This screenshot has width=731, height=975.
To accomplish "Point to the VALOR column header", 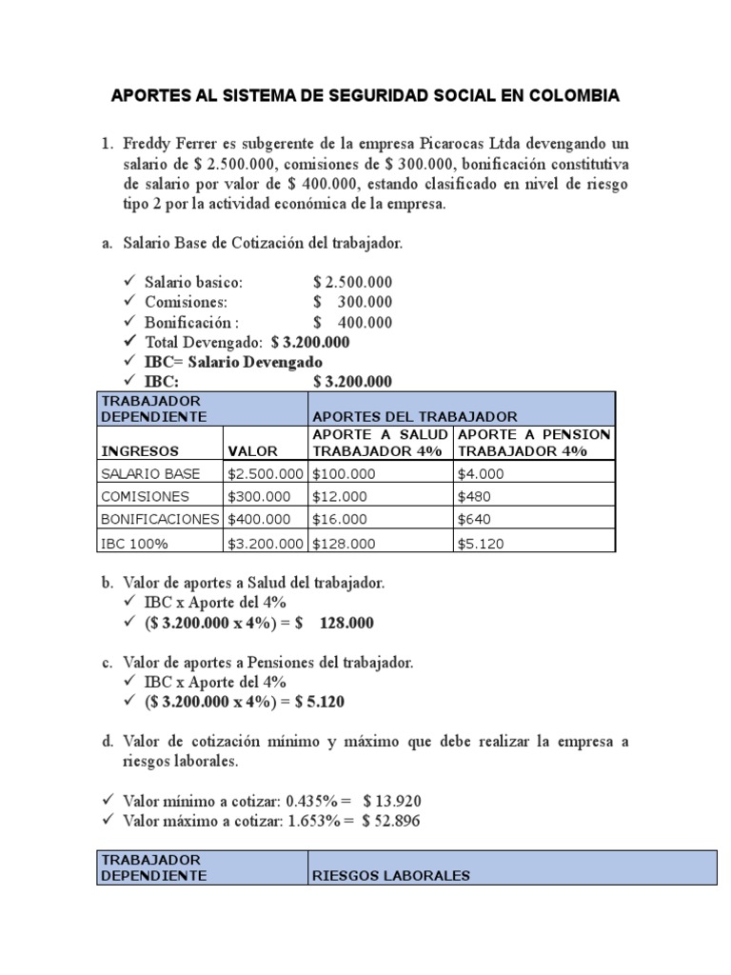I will [x=252, y=450].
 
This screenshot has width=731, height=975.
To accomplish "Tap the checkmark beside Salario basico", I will [x=130, y=283].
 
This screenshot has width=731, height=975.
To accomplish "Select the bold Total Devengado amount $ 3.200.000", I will [x=310, y=342].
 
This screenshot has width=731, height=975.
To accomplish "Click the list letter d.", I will [x=107, y=742].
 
